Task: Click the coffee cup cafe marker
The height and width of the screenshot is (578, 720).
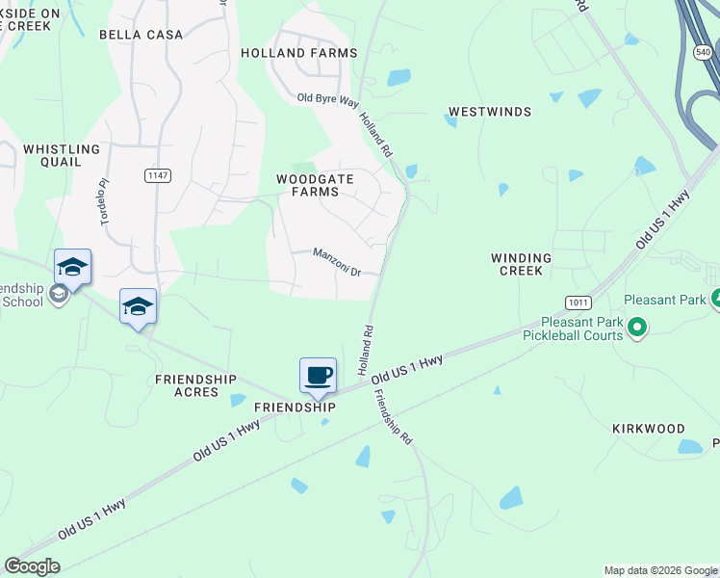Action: pos(318,375)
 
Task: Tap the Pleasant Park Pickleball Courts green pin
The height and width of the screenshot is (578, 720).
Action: pos(636,329)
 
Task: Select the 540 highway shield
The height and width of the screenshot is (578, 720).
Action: pos(703,52)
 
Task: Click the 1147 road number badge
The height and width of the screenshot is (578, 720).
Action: pos(157,174)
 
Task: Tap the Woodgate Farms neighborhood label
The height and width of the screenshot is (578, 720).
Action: pos(315,185)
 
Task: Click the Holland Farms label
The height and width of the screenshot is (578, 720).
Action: pos(298,53)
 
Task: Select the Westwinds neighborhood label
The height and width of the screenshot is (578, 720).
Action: pos(490,112)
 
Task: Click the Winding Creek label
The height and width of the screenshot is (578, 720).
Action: pos(521,264)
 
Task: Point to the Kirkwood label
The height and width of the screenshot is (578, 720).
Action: pos(649,429)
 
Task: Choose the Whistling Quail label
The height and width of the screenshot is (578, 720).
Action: pos(62,156)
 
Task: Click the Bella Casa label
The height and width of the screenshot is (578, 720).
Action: pos(141,35)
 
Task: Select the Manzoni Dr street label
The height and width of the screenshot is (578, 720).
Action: pos(336,261)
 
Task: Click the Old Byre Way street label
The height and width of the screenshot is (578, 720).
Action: pos(326,99)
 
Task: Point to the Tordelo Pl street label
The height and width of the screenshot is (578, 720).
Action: pos(103,201)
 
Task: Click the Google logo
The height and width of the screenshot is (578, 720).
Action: pos(32,566)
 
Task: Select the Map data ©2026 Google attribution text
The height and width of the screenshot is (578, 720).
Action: pos(660,570)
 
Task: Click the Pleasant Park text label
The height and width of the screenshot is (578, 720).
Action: pos(665,300)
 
